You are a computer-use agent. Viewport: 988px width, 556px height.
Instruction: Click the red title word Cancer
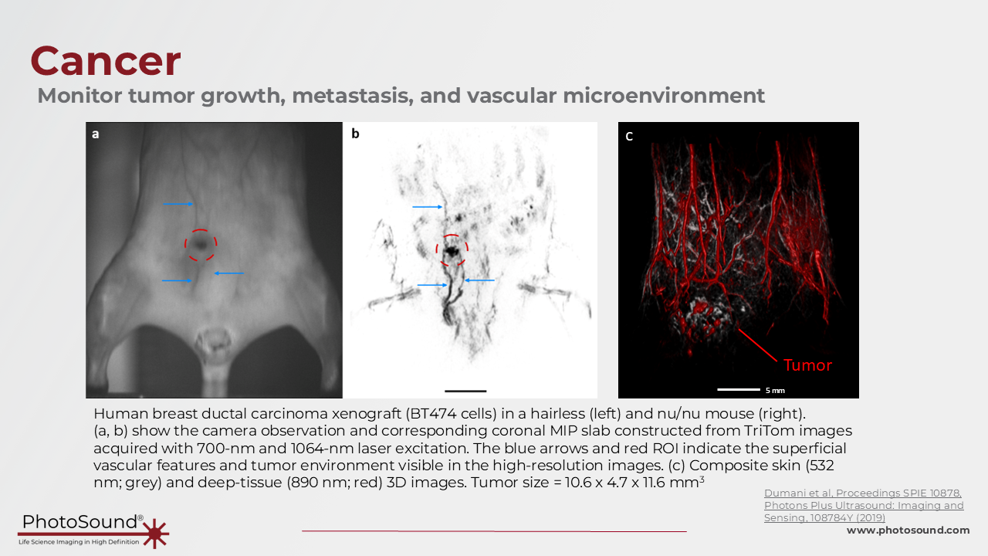click(x=106, y=61)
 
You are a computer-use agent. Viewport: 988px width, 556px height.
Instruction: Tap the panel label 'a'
click(x=95, y=134)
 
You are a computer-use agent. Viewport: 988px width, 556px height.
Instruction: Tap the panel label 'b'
click(x=356, y=134)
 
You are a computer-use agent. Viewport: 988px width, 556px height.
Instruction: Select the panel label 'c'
click(x=629, y=137)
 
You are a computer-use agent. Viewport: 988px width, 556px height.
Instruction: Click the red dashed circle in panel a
click(x=201, y=229)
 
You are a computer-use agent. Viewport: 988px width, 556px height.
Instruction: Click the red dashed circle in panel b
click(x=452, y=236)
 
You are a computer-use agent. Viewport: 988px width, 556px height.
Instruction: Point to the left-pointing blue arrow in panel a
click(x=229, y=273)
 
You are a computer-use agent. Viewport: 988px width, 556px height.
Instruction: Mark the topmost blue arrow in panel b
click(x=428, y=206)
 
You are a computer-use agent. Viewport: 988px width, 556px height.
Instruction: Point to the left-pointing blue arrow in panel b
click(x=479, y=280)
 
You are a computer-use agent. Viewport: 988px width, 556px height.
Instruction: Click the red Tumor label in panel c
click(x=807, y=365)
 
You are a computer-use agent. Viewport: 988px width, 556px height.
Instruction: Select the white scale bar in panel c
click(x=739, y=390)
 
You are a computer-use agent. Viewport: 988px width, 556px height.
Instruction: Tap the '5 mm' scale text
click(x=775, y=391)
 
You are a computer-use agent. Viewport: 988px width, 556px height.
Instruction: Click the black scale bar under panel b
click(x=465, y=391)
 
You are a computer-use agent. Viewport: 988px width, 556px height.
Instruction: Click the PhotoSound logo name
click(x=80, y=522)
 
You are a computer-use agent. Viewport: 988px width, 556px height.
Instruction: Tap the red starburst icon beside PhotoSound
click(x=155, y=534)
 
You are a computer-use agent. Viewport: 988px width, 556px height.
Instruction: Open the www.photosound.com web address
click(x=908, y=531)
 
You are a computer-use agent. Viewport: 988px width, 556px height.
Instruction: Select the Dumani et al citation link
click(x=864, y=505)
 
